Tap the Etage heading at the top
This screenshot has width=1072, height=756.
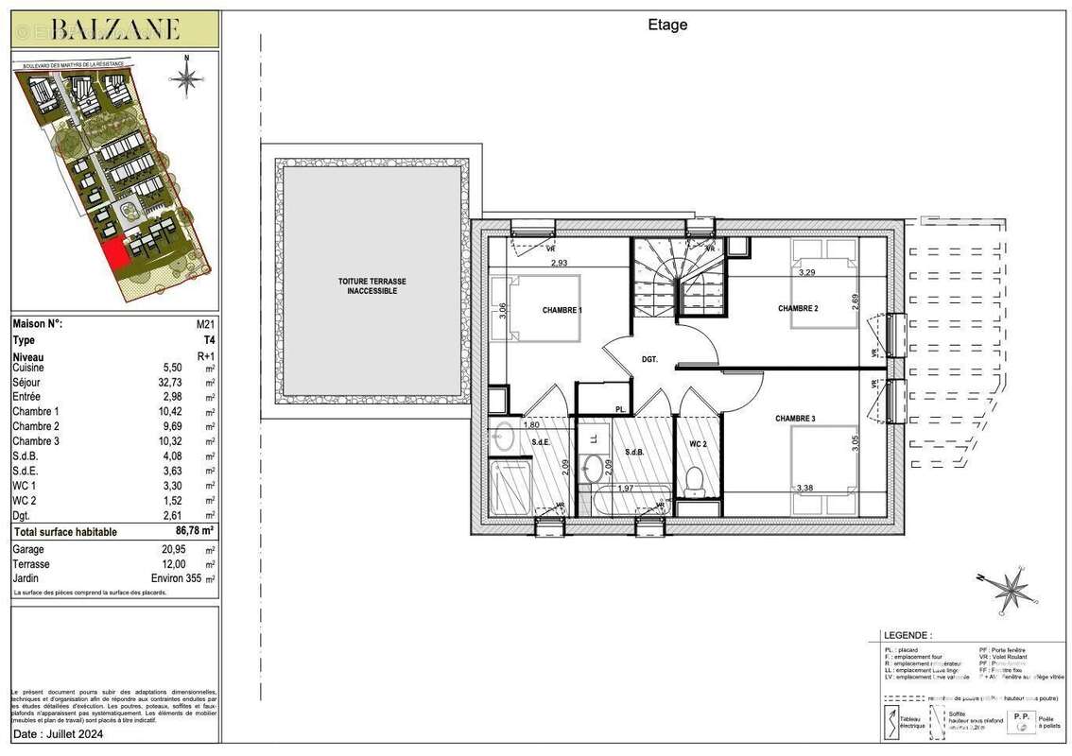pyautogui.click(x=667, y=26)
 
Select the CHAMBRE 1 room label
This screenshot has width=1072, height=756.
pyautogui.click(x=562, y=310)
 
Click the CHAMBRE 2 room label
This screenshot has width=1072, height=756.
pyautogui.click(x=797, y=309)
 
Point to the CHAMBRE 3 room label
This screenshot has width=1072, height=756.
pyautogui.click(x=795, y=418)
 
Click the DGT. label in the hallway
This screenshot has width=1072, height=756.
pyautogui.click(x=649, y=358)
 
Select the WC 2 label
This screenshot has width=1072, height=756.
pyautogui.click(x=699, y=443)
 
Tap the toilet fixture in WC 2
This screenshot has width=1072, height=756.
pyautogui.click(x=694, y=480)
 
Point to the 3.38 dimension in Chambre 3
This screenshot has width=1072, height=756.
pyautogui.click(x=804, y=489)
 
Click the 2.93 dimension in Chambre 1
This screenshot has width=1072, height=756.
pyautogui.click(x=560, y=262)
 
